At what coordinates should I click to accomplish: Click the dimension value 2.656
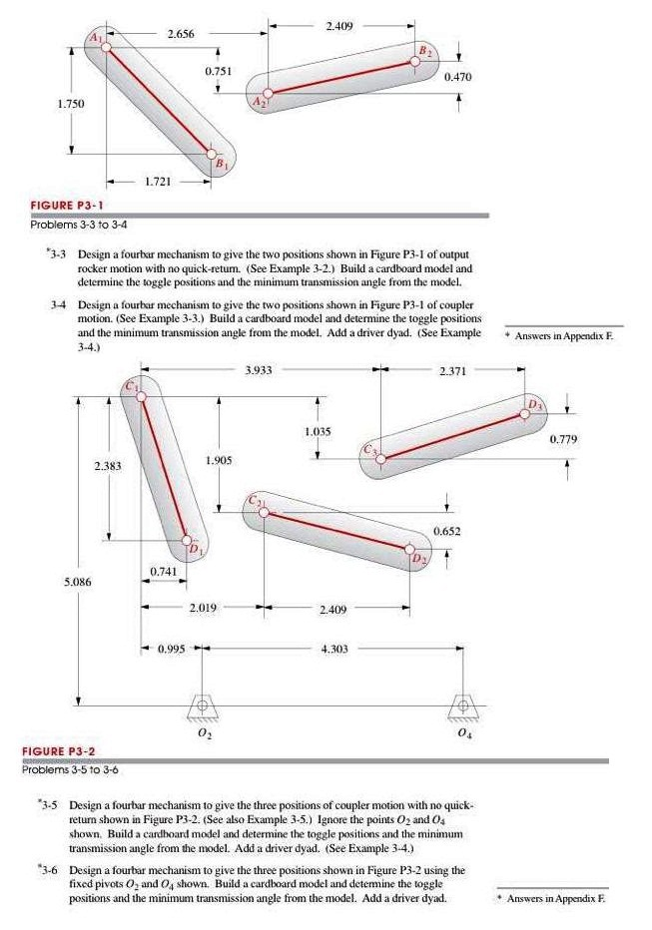click(x=180, y=35)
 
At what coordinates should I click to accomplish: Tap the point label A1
click(x=97, y=37)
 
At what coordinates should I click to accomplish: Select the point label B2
click(x=423, y=50)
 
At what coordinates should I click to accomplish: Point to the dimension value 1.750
click(x=42, y=104)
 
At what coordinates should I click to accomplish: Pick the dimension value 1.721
click(x=159, y=182)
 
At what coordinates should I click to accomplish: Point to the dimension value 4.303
click(x=332, y=650)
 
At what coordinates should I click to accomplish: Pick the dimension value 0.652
click(x=447, y=531)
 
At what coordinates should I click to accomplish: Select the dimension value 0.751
click(x=218, y=71)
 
